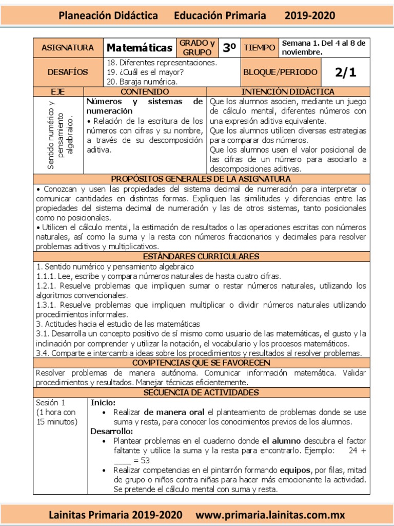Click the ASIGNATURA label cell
tap(68, 48)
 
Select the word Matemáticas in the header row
tap(140, 48)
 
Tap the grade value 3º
tap(229, 48)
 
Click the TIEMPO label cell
tap(259, 48)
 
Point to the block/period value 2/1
tap(345, 72)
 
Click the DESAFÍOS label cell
tap(68, 72)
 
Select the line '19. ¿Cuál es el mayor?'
tap(145, 72)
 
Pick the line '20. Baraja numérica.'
tap(142, 82)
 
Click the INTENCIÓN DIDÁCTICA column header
tap(287, 91)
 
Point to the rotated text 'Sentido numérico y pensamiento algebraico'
tap(59, 135)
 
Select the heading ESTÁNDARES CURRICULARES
tap(201, 256)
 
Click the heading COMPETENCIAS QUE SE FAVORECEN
tap(201, 363)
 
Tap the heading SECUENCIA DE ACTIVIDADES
tap(201, 392)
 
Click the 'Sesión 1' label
tap(50, 402)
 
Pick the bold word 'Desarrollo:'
tap(112, 431)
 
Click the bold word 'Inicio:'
tap(103, 402)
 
